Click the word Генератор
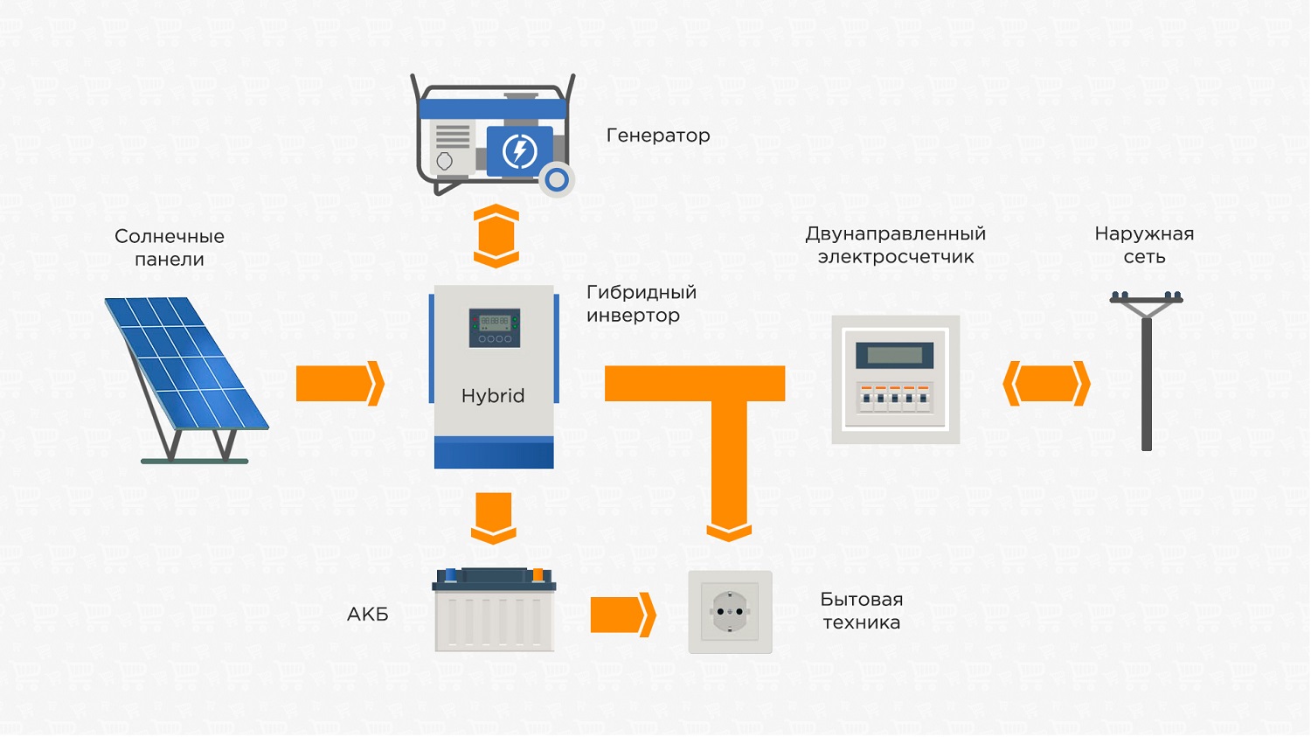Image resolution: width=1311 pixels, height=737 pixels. (658, 136)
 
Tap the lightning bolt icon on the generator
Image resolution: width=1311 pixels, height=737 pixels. (519, 151)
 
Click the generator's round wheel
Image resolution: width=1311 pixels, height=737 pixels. (556, 180)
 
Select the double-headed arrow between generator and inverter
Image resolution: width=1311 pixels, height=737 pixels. (496, 236)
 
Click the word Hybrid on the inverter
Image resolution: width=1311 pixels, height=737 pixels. (493, 396)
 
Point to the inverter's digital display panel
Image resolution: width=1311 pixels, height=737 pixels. (495, 328)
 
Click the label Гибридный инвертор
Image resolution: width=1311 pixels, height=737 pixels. (642, 303)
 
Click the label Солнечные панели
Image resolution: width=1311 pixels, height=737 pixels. (170, 247)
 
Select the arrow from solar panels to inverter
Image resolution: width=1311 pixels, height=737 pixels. (340, 384)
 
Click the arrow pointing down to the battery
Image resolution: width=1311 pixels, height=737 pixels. (494, 518)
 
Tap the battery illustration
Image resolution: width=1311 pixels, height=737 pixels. (494, 609)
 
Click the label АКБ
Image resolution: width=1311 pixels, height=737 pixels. (368, 614)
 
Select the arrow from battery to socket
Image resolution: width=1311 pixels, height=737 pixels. (622, 615)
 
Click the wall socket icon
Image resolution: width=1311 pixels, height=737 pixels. (730, 612)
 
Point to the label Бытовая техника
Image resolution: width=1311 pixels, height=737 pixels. (862, 610)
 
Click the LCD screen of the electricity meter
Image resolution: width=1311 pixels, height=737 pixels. (894, 355)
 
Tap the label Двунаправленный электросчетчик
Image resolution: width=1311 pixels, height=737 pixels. (896, 245)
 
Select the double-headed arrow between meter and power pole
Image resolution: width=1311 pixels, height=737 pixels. (1046, 384)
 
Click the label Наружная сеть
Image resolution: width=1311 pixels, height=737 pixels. (1144, 245)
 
